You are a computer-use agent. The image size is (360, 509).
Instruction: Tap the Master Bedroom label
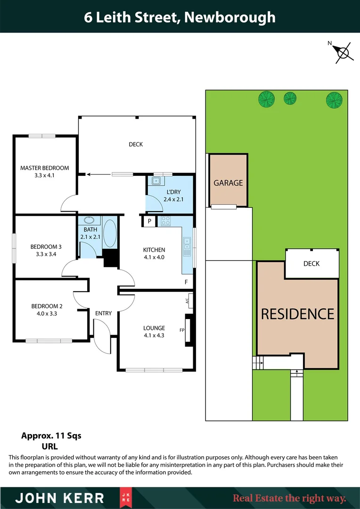44,168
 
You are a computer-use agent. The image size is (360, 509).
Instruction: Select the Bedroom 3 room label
46,246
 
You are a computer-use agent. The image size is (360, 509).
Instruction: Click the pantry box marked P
149,221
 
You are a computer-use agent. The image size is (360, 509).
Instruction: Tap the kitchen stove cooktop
166,221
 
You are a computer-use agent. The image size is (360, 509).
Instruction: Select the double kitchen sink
187,244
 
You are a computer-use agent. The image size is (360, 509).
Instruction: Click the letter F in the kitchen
187,282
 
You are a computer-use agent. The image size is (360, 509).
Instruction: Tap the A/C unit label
187,300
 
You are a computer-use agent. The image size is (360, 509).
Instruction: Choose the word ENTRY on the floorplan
104,313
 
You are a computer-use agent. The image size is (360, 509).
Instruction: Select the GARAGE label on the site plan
228,183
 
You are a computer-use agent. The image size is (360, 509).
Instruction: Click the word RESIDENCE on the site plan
298,314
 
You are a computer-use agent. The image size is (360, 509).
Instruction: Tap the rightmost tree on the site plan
334,99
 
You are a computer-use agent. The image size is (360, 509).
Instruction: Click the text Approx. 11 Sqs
51,436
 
